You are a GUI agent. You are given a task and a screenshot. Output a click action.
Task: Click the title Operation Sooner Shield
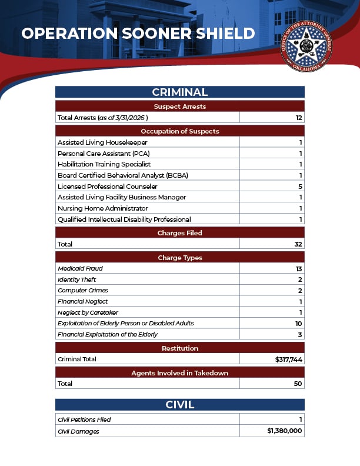click(138, 34)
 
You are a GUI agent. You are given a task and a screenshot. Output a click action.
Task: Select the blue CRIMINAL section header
click(179, 92)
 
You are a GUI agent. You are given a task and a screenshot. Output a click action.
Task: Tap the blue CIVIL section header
click(179, 405)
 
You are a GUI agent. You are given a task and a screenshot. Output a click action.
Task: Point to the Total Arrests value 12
click(299, 118)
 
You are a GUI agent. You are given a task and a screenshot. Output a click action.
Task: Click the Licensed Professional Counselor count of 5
click(300, 187)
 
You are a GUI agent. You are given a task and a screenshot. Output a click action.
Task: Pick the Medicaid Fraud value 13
click(299, 269)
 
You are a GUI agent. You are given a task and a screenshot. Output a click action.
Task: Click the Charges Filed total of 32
click(298, 244)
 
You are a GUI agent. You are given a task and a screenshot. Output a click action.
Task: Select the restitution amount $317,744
click(289, 359)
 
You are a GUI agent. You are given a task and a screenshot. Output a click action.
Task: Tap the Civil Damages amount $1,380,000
click(285, 431)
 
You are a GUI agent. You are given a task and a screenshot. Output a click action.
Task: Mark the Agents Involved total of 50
click(298, 384)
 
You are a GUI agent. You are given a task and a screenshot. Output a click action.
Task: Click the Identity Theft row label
click(77, 279)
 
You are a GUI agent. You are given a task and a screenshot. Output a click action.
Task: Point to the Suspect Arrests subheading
click(179, 106)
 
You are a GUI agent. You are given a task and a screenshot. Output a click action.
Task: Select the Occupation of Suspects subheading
click(179, 131)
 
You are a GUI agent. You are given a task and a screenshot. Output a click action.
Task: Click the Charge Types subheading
click(179, 258)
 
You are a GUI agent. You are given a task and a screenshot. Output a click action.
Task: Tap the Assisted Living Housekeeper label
click(102, 142)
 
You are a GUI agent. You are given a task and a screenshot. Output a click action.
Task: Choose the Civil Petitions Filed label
click(84, 420)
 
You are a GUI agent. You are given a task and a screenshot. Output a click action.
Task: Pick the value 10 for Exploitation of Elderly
click(299, 324)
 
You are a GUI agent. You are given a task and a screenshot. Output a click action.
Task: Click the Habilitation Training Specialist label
click(104, 164)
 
